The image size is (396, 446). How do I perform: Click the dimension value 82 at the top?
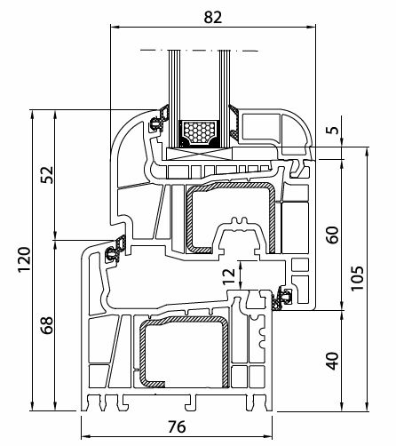(x=212, y=17)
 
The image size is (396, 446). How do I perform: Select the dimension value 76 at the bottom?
(x=177, y=426)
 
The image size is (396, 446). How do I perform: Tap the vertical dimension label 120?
(x=24, y=259)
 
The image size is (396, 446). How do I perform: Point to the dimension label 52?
(x=47, y=175)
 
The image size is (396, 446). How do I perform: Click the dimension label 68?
(x=47, y=325)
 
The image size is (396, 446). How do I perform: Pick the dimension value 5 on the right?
(x=334, y=130)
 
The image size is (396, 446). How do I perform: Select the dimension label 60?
(x=333, y=235)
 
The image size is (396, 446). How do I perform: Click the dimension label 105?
(x=357, y=279)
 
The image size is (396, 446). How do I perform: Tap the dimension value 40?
(x=333, y=361)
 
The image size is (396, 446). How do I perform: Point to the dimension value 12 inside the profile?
(x=229, y=276)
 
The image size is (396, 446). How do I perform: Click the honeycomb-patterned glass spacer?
(x=199, y=133)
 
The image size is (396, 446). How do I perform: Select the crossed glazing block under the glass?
(x=199, y=154)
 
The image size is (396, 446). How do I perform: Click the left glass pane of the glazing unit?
(x=173, y=98)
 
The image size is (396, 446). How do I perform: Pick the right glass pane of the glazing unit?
(x=225, y=98)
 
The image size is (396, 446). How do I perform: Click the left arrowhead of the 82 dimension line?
(x=115, y=28)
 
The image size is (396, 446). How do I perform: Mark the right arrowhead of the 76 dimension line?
(x=268, y=436)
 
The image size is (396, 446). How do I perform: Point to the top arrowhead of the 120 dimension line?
(x=33, y=114)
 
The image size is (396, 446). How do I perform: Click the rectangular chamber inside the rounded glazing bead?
(x=261, y=125)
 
